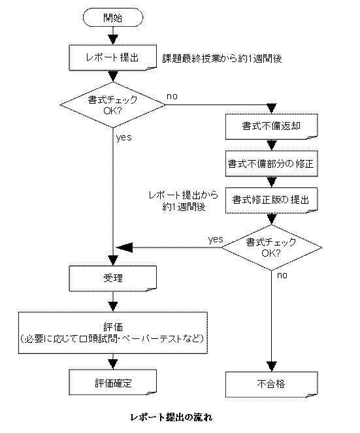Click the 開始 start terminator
113,18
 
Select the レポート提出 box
113,57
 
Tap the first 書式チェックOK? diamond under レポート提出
113,105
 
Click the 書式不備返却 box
272,126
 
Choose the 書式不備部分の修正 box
272,163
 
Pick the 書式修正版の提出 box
272,200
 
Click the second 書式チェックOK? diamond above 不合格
271,248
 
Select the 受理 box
113,278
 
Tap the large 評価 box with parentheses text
113,333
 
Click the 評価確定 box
113,383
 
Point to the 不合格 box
272,385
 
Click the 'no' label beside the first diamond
172,97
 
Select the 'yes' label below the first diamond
123,137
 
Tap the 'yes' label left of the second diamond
216,239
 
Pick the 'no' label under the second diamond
282,275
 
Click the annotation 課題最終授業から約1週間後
222,59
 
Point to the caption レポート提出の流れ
171,417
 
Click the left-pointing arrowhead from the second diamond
124,248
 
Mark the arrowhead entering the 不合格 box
272,366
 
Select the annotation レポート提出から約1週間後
184,200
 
